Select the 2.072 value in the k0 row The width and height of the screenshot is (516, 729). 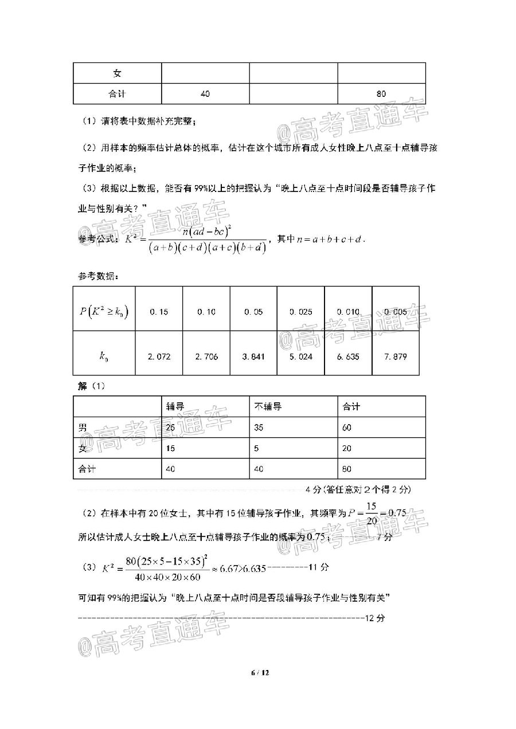pos(159,356)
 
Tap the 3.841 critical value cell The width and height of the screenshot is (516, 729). pos(253,356)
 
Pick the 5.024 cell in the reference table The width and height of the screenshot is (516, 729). pos(300,356)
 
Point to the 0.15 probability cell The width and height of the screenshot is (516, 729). pos(159,312)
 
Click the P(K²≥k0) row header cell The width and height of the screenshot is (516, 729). pos(104,312)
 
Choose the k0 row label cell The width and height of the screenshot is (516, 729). pos(104,356)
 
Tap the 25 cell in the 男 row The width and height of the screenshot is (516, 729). pos(171,428)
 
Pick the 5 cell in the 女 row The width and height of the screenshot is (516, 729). pos(256,448)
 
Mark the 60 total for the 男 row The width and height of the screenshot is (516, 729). pos(347,428)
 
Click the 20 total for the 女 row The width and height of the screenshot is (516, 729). pos(347,448)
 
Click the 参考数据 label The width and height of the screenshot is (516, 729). pos(98,277)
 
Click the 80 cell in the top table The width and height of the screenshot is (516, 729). pos(381,94)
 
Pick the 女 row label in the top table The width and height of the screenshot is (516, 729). pos(117,73)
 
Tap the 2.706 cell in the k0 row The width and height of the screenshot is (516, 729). pos(206,356)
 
